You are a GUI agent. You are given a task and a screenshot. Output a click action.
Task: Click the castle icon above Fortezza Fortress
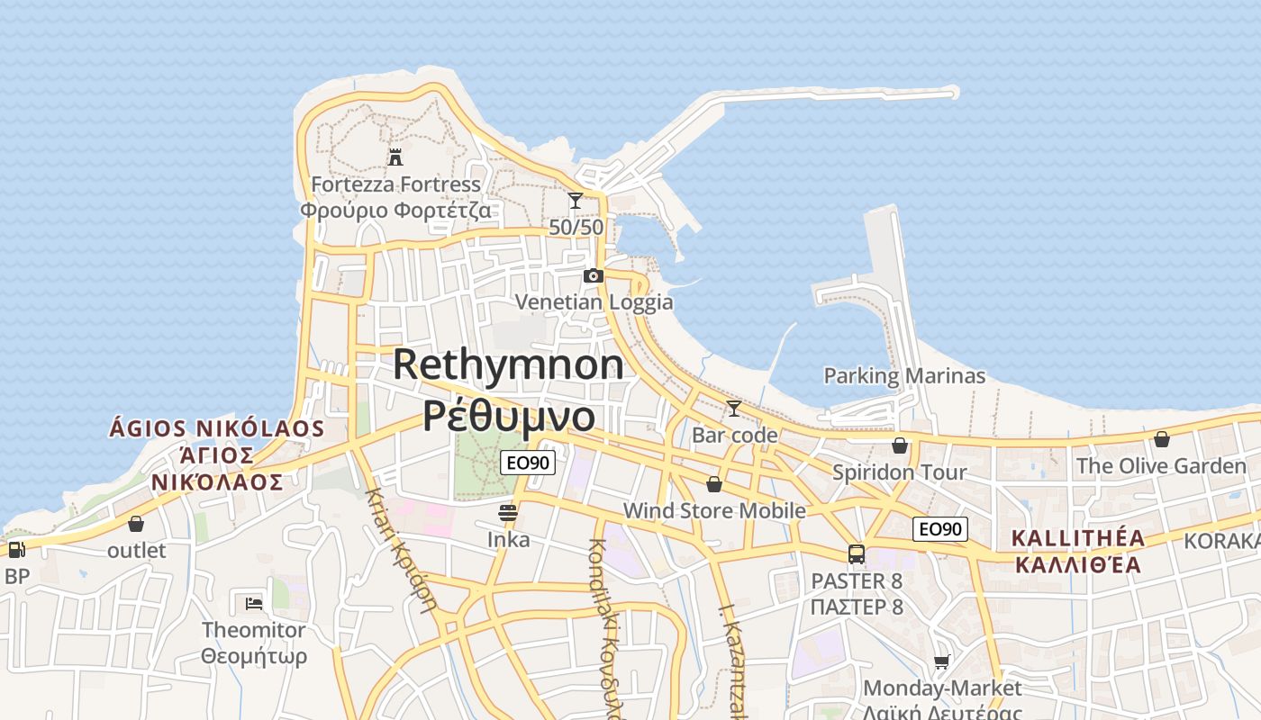tap(395, 157)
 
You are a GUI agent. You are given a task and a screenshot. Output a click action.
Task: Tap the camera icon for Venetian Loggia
tap(593, 275)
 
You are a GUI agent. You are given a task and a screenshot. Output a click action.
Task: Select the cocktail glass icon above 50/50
tap(576, 201)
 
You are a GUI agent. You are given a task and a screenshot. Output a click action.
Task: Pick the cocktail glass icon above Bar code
tap(734, 409)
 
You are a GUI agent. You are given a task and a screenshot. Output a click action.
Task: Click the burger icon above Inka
tap(508, 513)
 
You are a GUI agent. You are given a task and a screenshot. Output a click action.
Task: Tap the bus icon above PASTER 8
tap(857, 554)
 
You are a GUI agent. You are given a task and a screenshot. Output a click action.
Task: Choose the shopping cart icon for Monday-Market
tap(942, 662)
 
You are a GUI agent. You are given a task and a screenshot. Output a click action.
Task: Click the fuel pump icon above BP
tap(16, 550)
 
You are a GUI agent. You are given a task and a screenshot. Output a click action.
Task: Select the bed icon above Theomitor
tap(254, 603)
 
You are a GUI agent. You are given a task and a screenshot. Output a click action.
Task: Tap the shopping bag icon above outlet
tap(136, 524)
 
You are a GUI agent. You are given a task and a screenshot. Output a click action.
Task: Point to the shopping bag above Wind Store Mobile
tap(714, 484)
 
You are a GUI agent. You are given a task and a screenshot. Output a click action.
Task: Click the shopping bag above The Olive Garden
tap(1162, 439)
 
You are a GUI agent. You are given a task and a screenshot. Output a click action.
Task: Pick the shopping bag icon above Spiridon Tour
tap(899, 445)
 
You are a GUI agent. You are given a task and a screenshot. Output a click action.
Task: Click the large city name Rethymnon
tap(508, 364)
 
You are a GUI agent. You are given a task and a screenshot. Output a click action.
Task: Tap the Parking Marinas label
tap(904, 376)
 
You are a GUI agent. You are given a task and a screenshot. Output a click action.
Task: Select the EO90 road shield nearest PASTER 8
tap(940, 529)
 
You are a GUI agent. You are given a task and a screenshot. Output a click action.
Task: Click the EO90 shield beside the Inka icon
tap(528, 463)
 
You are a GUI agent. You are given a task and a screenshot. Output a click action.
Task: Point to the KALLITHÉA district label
tap(1078, 539)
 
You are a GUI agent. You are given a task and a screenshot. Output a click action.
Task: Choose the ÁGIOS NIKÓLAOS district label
tap(216, 427)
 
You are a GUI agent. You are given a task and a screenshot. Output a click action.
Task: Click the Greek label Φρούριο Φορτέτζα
tap(395, 211)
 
